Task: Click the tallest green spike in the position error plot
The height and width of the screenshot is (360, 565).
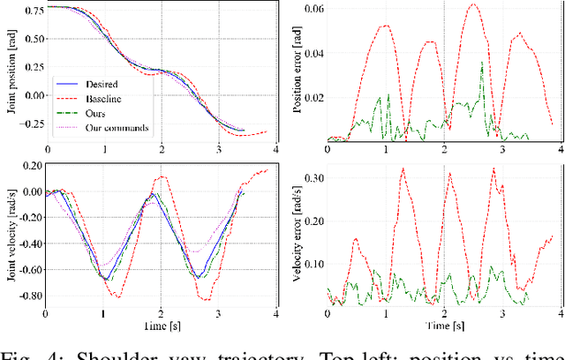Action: coord(482,62)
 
